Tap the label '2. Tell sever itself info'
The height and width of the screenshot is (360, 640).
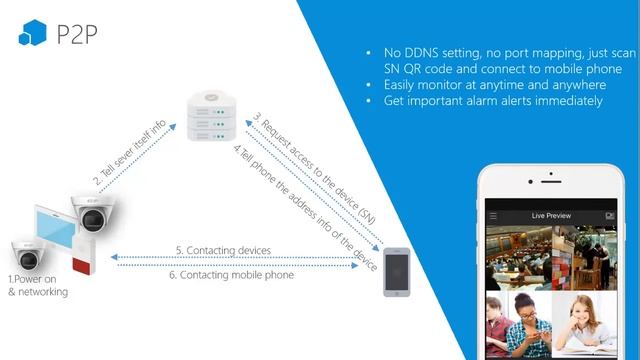131,152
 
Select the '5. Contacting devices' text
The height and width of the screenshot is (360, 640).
222,249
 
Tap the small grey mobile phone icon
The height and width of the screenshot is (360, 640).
397,272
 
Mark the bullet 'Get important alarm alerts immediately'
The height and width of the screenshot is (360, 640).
492,101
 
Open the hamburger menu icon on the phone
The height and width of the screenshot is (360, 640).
493,216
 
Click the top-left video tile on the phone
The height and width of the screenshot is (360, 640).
516,257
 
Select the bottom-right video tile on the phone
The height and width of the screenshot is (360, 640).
587,325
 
